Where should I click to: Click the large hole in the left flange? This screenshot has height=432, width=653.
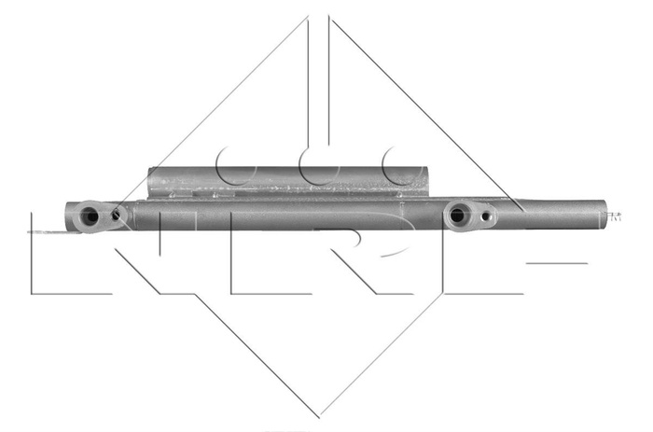click(90, 216)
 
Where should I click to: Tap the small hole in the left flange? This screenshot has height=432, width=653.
click(116, 216)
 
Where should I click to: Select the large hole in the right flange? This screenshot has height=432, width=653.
click(457, 216)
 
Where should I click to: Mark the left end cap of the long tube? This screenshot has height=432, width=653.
click(71, 216)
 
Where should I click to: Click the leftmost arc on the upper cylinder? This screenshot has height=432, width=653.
click(233, 168)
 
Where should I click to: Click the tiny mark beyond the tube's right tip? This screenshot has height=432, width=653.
click(615, 216)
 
